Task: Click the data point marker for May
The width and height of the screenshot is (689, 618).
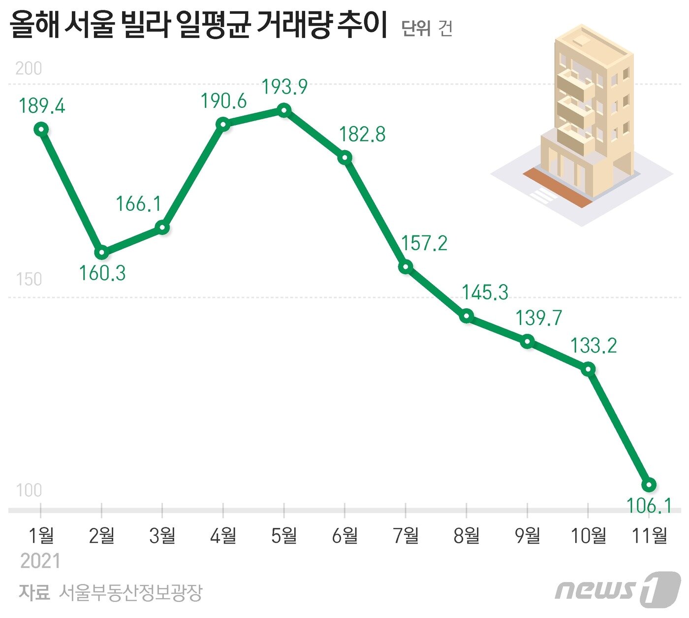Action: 284,110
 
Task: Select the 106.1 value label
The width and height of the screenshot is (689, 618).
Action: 649,506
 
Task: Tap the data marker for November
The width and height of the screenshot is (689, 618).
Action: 650,485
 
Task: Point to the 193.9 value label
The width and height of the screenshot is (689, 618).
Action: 284,87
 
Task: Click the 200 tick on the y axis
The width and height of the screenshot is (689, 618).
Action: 29,68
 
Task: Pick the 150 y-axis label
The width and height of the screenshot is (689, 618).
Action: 29,279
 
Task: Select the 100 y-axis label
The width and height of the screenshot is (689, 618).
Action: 29,490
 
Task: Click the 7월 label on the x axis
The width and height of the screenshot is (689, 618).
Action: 406,535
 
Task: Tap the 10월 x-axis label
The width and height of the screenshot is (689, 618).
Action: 588,535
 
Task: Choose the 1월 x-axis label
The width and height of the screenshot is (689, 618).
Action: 41,535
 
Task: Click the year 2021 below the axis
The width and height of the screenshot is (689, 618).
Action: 40,561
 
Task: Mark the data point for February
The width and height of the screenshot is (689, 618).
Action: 102,253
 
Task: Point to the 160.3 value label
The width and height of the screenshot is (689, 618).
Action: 102,273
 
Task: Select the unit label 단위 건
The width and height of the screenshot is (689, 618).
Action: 427,29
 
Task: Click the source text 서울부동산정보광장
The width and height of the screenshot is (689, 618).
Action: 130,592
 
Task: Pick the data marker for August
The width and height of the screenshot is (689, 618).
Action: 467,316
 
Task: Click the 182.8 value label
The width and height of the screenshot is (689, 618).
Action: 363,134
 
